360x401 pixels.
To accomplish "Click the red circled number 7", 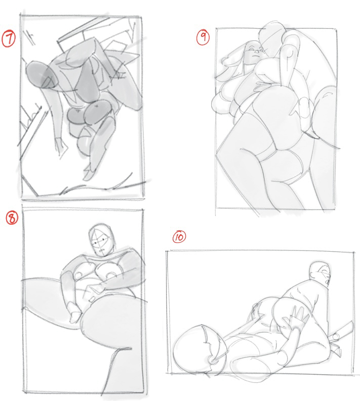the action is (x=9, y=38).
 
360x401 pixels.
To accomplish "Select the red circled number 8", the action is (x=12, y=218).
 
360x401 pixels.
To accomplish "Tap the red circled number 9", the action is (x=203, y=37).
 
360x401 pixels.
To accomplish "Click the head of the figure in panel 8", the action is (x=101, y=240).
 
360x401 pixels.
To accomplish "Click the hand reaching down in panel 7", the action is (x=61, y=147).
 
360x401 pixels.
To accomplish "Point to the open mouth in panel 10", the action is (x=327, y=282).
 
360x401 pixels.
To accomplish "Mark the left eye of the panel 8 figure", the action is (x=95, y=243).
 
